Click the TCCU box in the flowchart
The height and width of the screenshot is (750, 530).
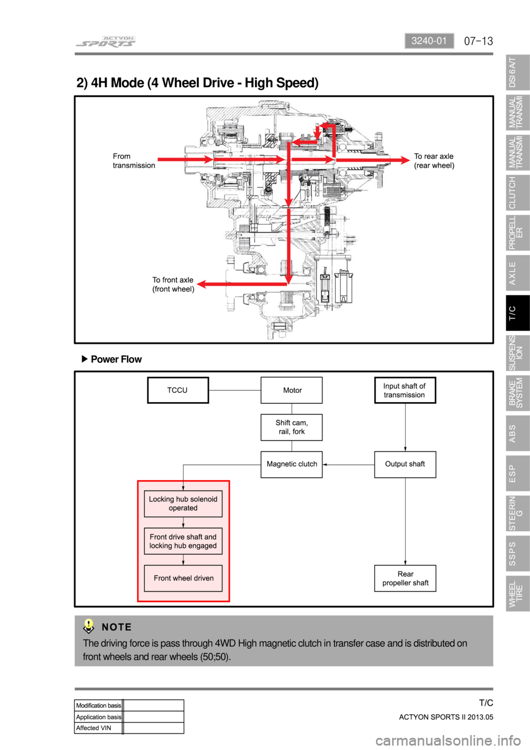[x=178, y=390]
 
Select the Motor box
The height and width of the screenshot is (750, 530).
[x=291, y=390]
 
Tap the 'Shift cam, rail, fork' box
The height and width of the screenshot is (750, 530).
[x=291, y=427]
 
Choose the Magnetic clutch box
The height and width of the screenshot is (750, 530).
[x=291, y=464]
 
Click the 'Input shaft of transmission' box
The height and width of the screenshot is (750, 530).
[x=405, y=390]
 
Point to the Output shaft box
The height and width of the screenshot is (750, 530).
[x=405, y=464]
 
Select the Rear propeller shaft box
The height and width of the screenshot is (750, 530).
[x=405, y=578]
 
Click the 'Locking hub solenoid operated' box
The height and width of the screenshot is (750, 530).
[x=183, y=504]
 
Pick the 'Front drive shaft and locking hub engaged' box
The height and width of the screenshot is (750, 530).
[x=183, y=541]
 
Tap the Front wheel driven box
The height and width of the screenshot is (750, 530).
[x=183, y=578]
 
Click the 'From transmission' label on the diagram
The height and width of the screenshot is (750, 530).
[x=134, y=161]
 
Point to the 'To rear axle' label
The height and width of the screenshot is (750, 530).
[x=434, y=161]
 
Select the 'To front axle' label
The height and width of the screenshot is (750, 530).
[x=173, y=284]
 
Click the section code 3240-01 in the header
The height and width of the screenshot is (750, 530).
[x=429, y=41]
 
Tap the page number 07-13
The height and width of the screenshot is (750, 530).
[x=478, y=41]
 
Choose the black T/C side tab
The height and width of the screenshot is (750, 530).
[x=517, y=313]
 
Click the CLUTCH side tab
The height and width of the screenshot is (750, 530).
[x=517, y=193]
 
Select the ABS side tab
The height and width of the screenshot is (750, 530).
[x=517, y=434]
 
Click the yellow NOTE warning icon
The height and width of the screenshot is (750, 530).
[x=88, y=626]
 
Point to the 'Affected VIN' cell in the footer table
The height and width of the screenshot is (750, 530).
[x=98, y=728]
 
